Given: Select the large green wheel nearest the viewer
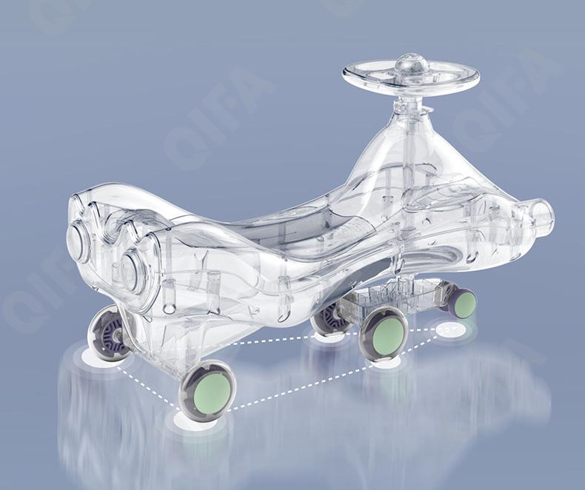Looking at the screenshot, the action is pos(209,391).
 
